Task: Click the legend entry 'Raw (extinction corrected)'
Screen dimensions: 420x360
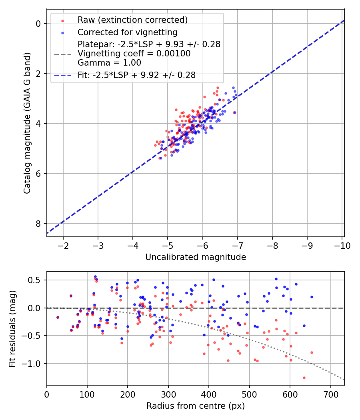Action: click(x=132, y=20)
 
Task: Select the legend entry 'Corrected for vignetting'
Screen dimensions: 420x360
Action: click(x=127, y=32)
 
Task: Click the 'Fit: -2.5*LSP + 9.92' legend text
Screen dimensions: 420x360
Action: click(x=136, y=75)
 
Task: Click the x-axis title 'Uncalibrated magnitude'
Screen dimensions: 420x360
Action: click(x=195, y=257)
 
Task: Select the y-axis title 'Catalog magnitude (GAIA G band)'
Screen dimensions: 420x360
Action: click(x=27, y=123)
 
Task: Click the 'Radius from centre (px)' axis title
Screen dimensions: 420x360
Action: click(x=195, y=406)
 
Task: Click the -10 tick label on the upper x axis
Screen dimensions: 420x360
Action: click(x=342, y=245)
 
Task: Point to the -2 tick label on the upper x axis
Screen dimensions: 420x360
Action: click(x=63, y=245)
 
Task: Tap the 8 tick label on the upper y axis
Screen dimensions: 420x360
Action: click(x=38, y=224)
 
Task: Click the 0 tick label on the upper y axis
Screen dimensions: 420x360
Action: click(x=38, y=24)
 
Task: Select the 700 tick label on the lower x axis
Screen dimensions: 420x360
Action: click(x=330, y=394)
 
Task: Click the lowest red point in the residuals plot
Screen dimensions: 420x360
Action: click(x=304, y=378)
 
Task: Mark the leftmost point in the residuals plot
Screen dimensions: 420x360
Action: click(x=58, y=317)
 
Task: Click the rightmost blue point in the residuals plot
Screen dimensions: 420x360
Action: click(x=312, y=297)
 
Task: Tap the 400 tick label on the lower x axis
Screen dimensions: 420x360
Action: click(x=209, y=394)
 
